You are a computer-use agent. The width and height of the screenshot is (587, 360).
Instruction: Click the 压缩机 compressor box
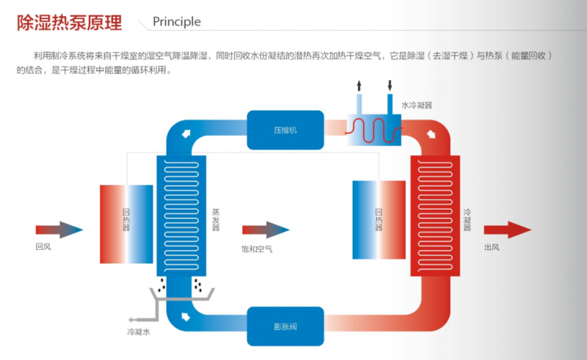click(285, 131)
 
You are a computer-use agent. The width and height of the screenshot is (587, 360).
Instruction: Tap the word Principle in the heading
click(176, 22)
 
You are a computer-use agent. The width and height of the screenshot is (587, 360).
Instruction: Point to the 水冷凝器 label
click(416, 105)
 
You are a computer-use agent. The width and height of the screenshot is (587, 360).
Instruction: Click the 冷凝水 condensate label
click(138, 332)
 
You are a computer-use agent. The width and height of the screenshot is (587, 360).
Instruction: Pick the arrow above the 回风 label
click(59, 229)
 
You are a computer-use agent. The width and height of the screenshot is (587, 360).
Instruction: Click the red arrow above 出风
click(507, 229)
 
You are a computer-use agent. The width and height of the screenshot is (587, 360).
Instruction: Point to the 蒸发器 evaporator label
click(216, 219)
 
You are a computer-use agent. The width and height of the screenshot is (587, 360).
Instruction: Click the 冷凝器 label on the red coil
click(467, 219)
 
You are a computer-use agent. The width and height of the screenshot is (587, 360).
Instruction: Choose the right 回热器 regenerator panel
click(379, 218)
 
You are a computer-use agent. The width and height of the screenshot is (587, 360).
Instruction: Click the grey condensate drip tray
click(181, 294)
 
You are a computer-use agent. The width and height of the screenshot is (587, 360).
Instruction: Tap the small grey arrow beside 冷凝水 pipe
click(131, 320)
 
